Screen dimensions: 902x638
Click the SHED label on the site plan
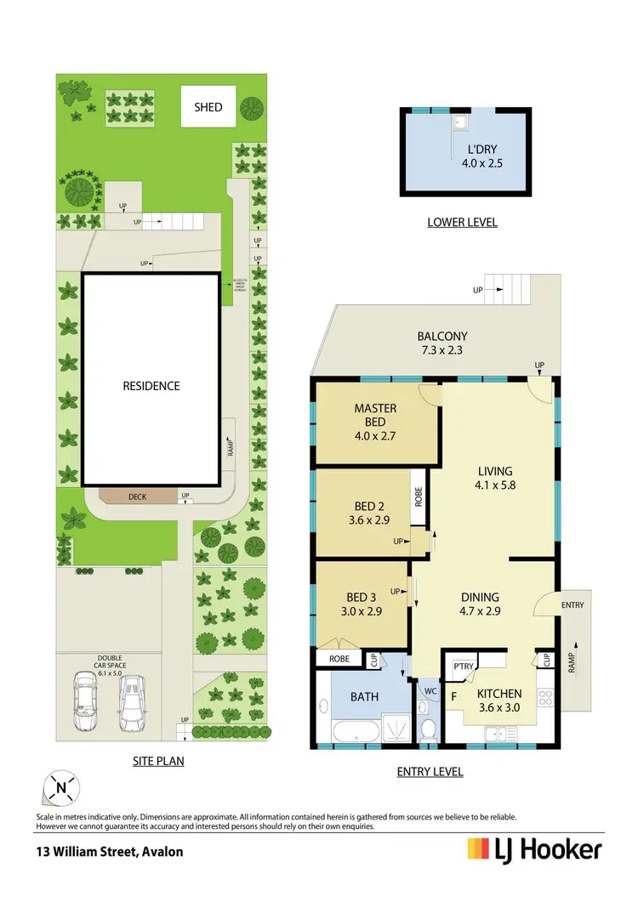tap(208, 107)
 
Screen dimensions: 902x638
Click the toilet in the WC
tap(429, 727)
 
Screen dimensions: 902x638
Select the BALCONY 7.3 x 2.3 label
tap(442, 343)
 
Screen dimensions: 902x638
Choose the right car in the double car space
tap(132, 701)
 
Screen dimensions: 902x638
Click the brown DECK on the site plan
tap(138, 496)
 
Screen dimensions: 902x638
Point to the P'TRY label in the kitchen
tap(464, 667)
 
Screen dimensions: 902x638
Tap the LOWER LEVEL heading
tap(462, 223)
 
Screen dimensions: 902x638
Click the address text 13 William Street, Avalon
tap(109, 851)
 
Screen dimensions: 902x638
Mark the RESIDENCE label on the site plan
tap(151, 386)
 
